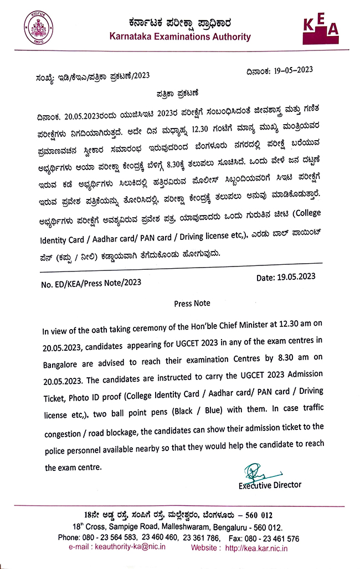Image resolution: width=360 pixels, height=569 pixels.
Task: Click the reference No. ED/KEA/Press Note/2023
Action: [x=91, y=283]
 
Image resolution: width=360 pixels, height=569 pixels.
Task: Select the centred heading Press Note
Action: [x=192, y=304]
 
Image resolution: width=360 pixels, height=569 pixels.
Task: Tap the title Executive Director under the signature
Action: [x=270, y=485]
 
